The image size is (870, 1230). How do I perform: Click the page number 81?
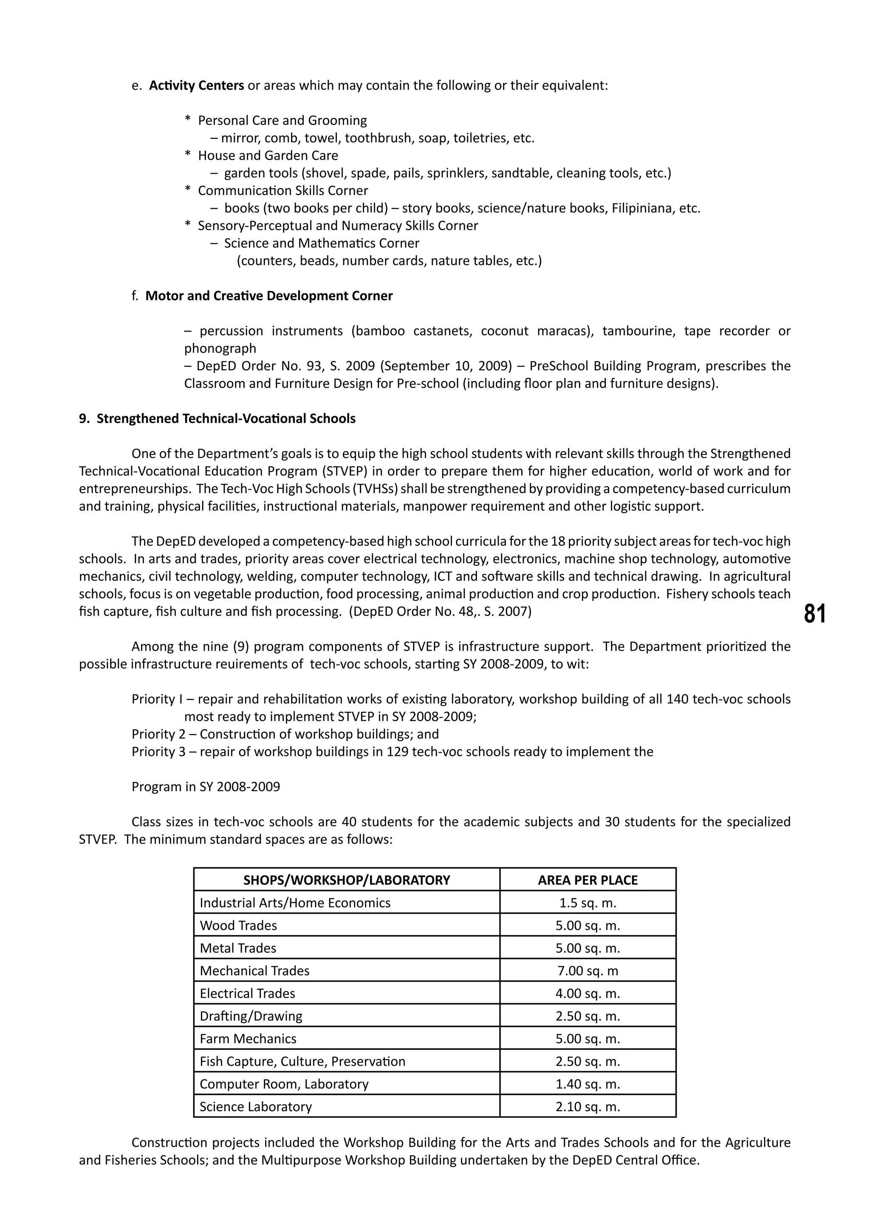pyautogui.click(x=815, y=614)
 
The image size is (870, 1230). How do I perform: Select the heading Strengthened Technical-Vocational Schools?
pyautogui.click(x=226, y=418)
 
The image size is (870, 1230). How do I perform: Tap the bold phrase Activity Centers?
pyautogui.click(x=196, y=86)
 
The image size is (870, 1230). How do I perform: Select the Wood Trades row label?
pyautogui.click(x=238, y=925)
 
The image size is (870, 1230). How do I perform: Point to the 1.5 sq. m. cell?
pyautogui.click(x=588, y=903)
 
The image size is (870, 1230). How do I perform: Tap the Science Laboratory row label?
pyautogui.click(x=256, y=1107)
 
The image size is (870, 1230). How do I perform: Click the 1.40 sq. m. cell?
pyautogui.click(x=588, y=1084)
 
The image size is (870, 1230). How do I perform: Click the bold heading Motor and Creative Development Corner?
pyautogui.click(x=269, y=296)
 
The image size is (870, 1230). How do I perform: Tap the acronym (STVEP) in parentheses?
pyautogui.click(x=343, y=471)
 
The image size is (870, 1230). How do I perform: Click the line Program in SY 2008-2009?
pyautogui.click(x=206, y=787)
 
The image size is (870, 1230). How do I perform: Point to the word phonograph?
pyautogui.click(x=220, y=348)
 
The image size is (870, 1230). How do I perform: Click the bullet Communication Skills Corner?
pyautogui.click(x=283, y=191)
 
